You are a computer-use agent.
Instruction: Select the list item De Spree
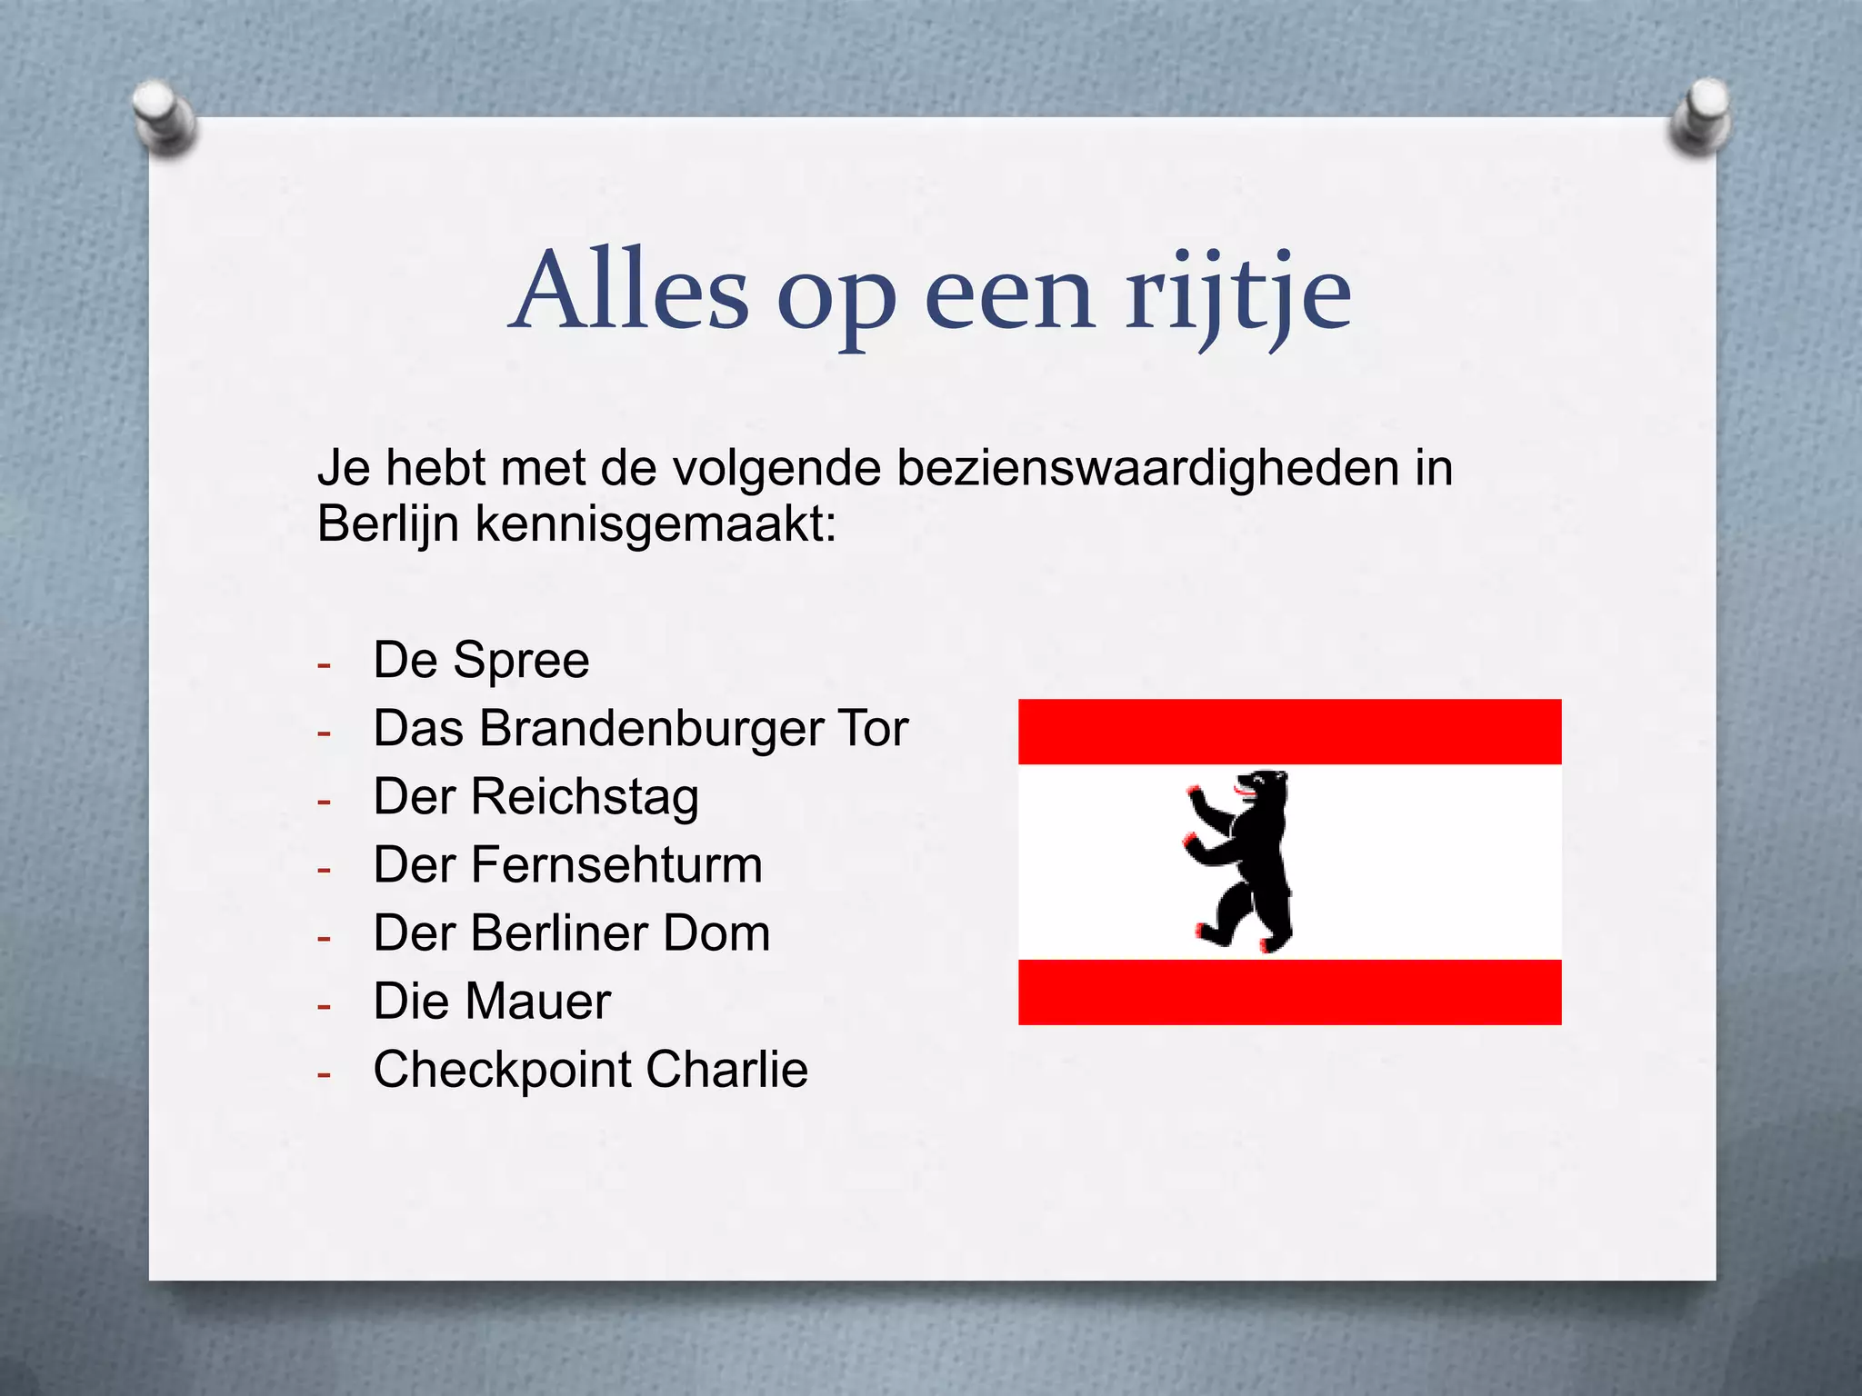[481, 660]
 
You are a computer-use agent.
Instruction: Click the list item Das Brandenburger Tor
[640, 729]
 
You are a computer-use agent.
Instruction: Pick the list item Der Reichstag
[536, 797]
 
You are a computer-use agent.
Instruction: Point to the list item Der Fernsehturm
[567, 864]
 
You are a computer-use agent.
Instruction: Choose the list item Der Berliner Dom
[572, 933]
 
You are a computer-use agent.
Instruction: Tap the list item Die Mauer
[492, 1002]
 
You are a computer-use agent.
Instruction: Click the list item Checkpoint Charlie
[590, 1070]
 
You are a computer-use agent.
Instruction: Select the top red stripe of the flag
[1289, 732]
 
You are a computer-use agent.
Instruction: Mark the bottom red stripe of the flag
[1289, 992]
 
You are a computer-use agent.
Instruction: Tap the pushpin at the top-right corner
[1700, 115]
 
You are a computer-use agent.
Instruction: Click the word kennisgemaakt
[655, 524]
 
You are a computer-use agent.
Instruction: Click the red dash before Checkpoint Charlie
[324, 1074]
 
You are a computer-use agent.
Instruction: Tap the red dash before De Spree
[324, 665]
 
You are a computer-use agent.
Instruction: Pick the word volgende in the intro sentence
[777, 469]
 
